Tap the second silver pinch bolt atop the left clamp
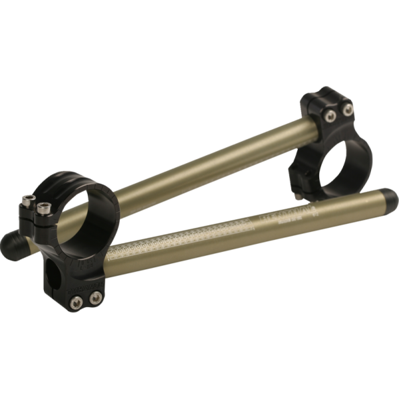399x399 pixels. [44, 207]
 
